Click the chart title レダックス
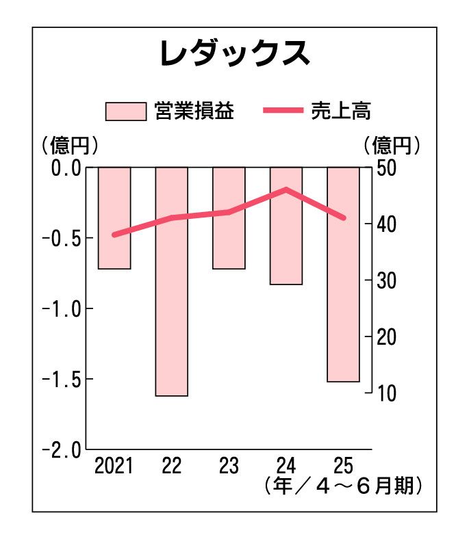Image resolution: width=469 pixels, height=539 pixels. pyautogui.click(x=234, y=55)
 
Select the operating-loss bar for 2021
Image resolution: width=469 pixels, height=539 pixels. pyautogui.click(x=114, y=218)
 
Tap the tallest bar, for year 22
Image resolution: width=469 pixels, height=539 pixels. pyautogui.click(x=171, y=281)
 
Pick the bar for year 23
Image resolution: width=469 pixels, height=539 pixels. pyautogui.click(x=229, y=218)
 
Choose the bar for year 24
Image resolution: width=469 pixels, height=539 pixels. pyautogui.click(x=286, y=226)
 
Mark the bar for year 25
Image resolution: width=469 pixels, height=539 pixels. pyautogui.click(x=343, y=274)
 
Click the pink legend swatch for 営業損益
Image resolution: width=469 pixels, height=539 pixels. pyautogui.click(x=125, y=111)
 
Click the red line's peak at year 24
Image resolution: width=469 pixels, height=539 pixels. pyautogui.click(x=286, y=189)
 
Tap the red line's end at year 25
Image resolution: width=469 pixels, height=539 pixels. pyautogui.click(x=344, y=218)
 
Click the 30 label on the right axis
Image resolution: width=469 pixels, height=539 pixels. pyautogui.click(x=385, y=280)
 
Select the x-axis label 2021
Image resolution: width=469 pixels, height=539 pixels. pyautogui.click(x=114, y=467)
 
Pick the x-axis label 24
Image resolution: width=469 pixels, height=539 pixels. pyautogui.click(x=286, y=467)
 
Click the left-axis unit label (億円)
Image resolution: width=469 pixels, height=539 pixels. pyautogui.click(x=68, y=145)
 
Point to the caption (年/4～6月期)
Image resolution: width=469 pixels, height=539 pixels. pyautogui.click(x=342, y=487)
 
